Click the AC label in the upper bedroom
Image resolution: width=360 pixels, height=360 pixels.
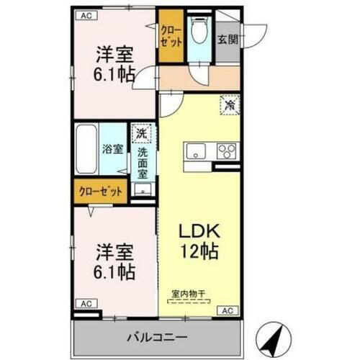pyautogui.click(x=86, y=14)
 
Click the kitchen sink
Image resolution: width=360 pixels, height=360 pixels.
pyautogui.click(x=197, y=151)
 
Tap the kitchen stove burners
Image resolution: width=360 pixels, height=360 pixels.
pyautogui.click(x=226, y=151)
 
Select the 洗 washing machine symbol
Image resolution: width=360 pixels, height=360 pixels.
pyautogui.click(x=142, y=134)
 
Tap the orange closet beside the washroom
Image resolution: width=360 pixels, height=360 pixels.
pyautogui.click(x=100, y=192)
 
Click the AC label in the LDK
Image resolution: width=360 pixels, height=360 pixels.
pyautogui.click(x=227, y=310)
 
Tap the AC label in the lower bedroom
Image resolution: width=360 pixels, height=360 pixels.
pyautogui.click(x=85, y=304)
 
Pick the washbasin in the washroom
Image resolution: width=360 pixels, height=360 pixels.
pyautogui.click(x=142, y=190)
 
